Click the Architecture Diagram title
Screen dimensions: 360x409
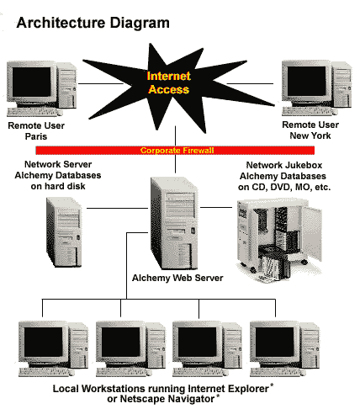pyautogui.click(x=93, y=23)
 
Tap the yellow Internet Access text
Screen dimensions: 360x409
pyautogui.click(x=169, y=82)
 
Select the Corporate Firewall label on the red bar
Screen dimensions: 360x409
pyautogui.click(x=177, y=151)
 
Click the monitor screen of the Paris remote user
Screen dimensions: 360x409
pyautogui.click(x=32, y=82)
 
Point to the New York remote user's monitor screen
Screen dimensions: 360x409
pyautogui.click(x=306, y=81)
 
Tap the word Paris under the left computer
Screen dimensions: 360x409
pyautogui.click(x=36, y=136)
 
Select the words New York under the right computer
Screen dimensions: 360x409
pyautogui.click(x=310, y=135)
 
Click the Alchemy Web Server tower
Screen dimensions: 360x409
pyautogui.click(x=174, y=223)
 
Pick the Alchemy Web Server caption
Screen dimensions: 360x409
pyautogui.click(x=177, y=278)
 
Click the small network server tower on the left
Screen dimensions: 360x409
pyautogui.click(x=64, y=231)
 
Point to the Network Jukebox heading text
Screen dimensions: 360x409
pyautogui.click(x=284, y=165)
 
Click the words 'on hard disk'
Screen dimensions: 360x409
pyautogui.click(x=58, y=186)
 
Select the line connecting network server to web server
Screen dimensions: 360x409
pyautogui.click(x=117, y=208)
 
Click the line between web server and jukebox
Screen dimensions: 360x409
pyautogui.click(x=216, y=207)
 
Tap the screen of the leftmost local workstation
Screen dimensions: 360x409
pyautogui.click(x=43, y=342)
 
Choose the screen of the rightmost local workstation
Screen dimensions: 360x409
pyautogui.click(x=274, y=342)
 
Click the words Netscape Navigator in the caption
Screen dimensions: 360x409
pyautogui.click(x=167, y=399)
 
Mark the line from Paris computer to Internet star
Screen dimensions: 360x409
pyautogui.click(x=101, y=83)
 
